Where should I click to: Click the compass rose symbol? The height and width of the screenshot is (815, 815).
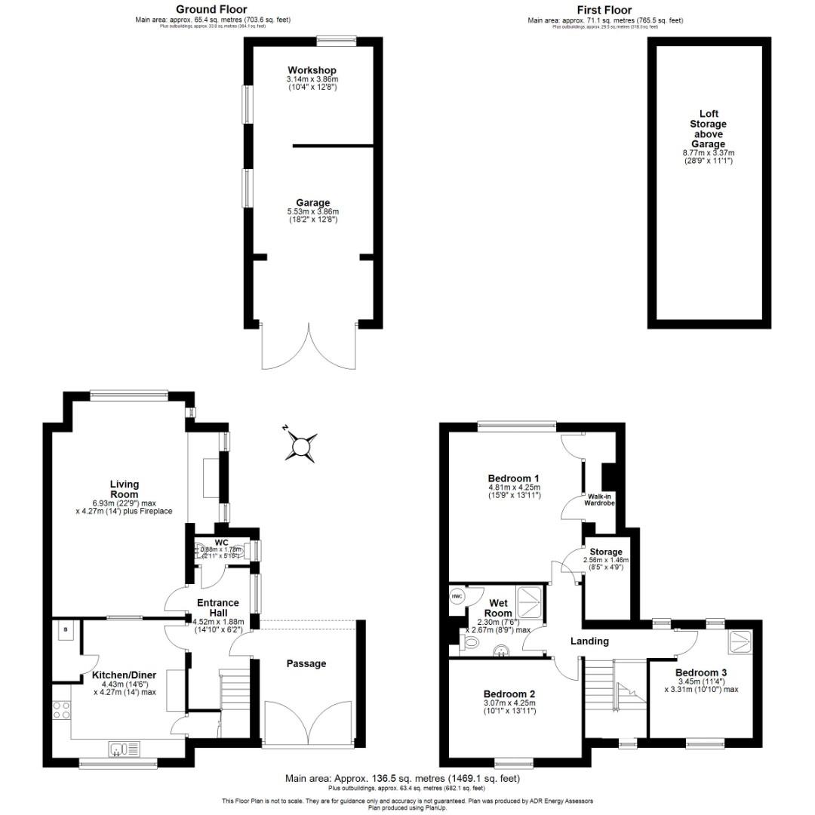click(x=302, y=447)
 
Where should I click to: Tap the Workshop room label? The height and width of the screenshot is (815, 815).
click(x=312, y=71)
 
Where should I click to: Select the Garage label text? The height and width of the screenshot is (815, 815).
click(x=312, y=203)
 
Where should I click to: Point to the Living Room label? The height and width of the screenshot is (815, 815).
click(x=125, y=489)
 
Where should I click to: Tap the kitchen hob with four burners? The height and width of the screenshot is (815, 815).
click(x=61, y=710)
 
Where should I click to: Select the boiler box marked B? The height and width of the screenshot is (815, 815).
click(x=65, y=629)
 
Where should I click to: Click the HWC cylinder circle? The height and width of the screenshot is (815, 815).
click(x=457, y=596)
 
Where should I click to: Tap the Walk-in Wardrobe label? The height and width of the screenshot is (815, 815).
click(x=600, y=500)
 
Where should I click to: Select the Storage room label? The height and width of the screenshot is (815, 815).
click(x=606, y=552)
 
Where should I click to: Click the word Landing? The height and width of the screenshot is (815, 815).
click(x=589, y=641)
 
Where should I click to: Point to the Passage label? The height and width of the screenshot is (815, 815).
click(x=306, y=663)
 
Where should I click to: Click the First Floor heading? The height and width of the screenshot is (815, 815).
click(x=606, y=9)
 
